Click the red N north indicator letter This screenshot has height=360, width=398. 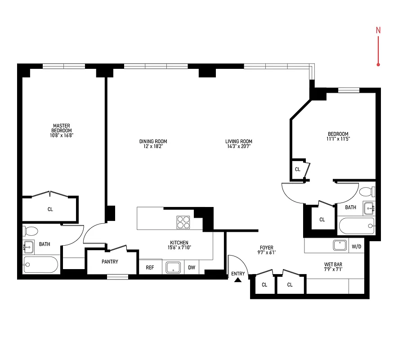click(x=378, y=31)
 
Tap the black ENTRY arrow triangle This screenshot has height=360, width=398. click(x=238, y=280)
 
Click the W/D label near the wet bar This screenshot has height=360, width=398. click(x=356, y=246)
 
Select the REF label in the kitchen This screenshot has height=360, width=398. click(x=150, y=267)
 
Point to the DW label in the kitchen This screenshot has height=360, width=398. click(x=192, y=267)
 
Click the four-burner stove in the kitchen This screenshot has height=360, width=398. click(x=183, y=222)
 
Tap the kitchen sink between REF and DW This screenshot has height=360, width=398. click(x=173, y=267)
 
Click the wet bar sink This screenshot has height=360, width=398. click(x=340, y=246)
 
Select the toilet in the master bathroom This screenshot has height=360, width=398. click(x=31, y=231)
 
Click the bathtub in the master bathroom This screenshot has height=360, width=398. click(x=40, y=265)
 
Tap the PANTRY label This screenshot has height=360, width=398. click(x=110, y=261)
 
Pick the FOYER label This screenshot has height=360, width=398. click(x=266, y=247)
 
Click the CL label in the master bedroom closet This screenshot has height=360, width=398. click(x=50, y=209)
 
